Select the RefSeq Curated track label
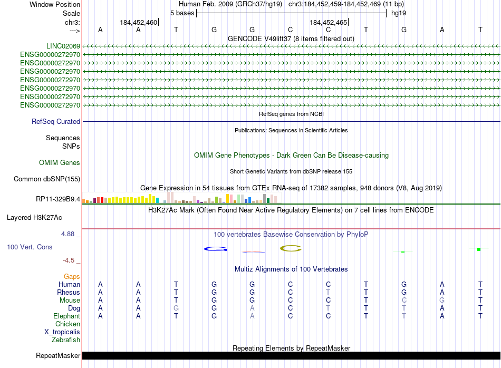[x=56, y=122]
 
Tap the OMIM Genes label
[x=60, y=163]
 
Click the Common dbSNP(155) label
[x=47, y=179]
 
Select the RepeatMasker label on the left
[x=58, y=356]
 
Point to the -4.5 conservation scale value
[x=71, y=260]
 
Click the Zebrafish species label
[x=66, y=340]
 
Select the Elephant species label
[x=66, y=316]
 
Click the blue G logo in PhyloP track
[x=214, y=248]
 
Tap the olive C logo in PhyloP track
[x=290, y=248]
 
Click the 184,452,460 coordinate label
[x=138, y=23]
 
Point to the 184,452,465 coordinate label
[x=328, y=23]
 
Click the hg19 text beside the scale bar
[x=398, y=13]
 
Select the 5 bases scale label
[x=182, y=13]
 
